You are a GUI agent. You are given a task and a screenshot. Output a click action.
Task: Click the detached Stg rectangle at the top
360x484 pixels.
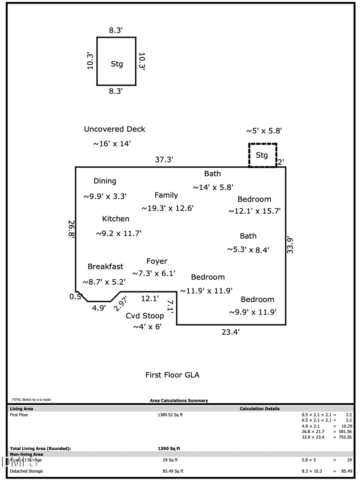click(116, 61)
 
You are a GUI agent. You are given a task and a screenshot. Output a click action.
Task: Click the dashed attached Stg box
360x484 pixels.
click(262, 155)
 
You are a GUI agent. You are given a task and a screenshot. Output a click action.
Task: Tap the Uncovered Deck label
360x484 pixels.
click(114, 129)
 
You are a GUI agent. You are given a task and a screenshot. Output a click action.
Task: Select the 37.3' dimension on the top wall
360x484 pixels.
click(164, 160)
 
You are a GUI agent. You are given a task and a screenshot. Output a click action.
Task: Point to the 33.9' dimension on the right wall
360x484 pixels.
click(291, 245)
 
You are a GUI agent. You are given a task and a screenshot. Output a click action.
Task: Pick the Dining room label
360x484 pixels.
click(105, 181)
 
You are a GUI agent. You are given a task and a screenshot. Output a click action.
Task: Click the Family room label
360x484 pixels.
click(166, 195)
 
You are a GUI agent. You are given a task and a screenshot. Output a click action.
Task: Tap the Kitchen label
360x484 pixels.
click(116, 219)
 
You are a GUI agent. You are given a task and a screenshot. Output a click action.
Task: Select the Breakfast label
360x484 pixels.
click(105, 267)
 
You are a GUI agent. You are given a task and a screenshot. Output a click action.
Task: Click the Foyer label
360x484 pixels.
click(157, 261)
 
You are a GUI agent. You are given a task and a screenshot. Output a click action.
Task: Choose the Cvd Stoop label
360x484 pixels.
click(144, 316)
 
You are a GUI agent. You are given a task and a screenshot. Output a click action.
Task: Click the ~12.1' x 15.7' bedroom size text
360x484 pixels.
click(254, 211)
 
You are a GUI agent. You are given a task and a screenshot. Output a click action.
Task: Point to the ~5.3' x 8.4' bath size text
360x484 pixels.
click(248, 250)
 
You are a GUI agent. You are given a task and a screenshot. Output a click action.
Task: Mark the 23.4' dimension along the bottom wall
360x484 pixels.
click(230, 332)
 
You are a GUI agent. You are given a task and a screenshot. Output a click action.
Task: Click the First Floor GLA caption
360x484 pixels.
click(172, 375)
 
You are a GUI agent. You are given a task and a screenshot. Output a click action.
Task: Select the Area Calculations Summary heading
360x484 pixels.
click(179, 400)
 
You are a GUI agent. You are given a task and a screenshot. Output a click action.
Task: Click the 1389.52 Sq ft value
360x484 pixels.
click(170, 415)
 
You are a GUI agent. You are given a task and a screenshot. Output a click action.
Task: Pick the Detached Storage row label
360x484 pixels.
click(26, 471)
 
